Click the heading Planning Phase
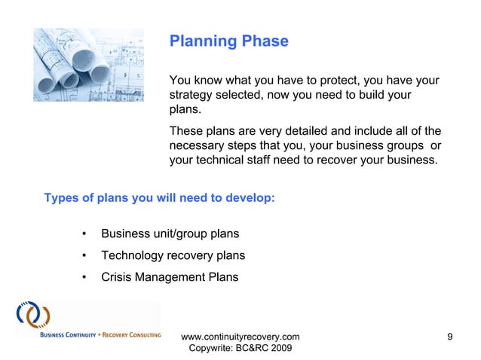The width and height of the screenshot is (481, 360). pos(228,41)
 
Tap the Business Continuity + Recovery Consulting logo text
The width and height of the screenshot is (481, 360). pos(89,334)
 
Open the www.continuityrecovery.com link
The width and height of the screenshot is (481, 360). pos(240,336)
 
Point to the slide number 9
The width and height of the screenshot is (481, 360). pos(450,336)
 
